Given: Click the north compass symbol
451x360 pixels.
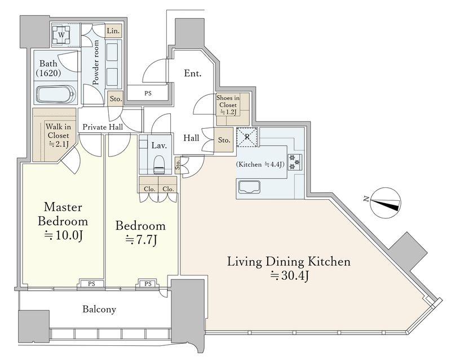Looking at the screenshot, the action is (x=385, y=203).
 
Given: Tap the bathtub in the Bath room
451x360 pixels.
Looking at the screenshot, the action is (x=56, y=94).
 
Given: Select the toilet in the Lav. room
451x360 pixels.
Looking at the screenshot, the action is (x=159, y=165).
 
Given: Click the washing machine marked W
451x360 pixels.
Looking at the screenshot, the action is (x=61, y=35).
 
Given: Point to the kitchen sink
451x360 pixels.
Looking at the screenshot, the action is (x=249, y=187).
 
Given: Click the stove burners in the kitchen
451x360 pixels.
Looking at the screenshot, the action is (x=295, y=162).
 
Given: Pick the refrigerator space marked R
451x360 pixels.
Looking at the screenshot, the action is (x=247, y=137).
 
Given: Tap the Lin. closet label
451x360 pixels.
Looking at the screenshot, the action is (x=113, y=31).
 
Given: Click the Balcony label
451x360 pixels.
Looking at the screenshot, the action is (x=99, y=309).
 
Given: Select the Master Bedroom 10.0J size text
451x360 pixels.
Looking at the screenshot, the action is (x=64, y=236).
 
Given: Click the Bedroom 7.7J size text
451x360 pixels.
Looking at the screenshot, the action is (x=141, y=240).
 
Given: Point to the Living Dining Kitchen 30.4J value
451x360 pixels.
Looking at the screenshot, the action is (x=290, y=276).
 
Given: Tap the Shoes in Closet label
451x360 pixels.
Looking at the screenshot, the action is (x=228, y=105).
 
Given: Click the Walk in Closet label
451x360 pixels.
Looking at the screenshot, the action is (x=58, y=135).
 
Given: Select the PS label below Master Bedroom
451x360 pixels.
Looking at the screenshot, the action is (x=91, y=284).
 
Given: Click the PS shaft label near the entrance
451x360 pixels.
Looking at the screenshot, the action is (x=148, y=93).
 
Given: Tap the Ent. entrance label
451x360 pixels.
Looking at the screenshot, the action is (x=193, y=73).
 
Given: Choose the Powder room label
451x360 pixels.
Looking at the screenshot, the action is (x=96, y=62).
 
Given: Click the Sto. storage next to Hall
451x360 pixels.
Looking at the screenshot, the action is (x=224, y=141).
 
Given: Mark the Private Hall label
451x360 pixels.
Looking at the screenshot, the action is (x=103, y=127).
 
